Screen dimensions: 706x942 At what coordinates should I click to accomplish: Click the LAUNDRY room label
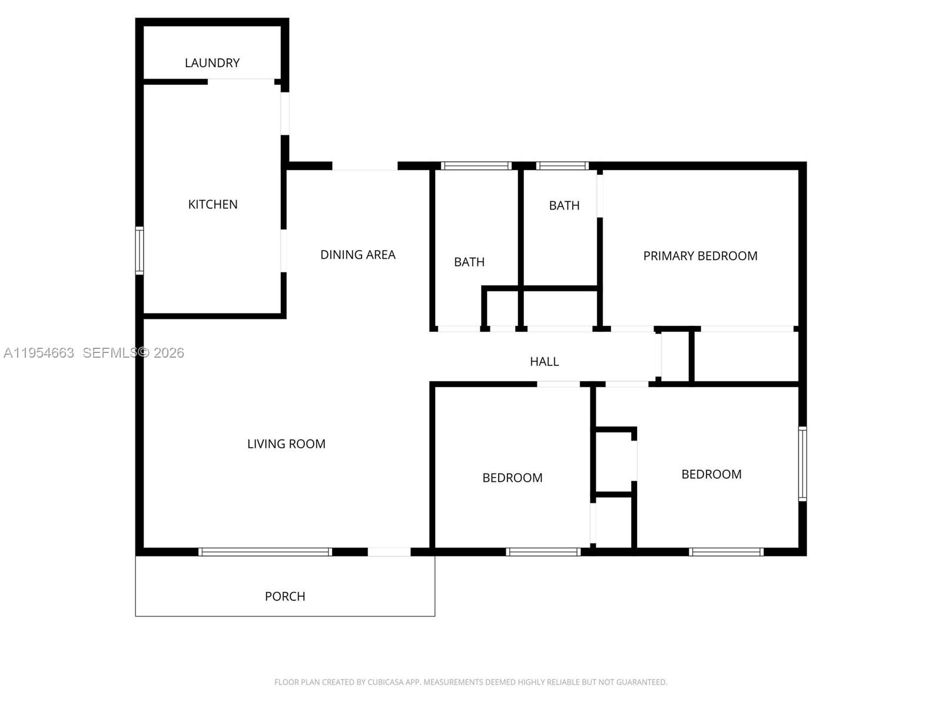[x=212, y=63]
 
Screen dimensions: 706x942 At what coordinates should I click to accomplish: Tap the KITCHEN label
[x=213, y=205]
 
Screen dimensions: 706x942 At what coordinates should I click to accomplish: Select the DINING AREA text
[x=357, y=255]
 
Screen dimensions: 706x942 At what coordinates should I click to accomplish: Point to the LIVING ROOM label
[x=286, y=444]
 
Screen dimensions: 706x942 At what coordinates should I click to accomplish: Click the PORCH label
[x=285, y=597]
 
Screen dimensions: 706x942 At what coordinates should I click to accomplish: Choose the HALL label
[x=544, y=362]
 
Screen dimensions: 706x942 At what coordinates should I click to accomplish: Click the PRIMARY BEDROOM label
[x=700, y=256]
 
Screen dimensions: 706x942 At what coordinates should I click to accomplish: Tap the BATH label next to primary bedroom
[x=564, y=206]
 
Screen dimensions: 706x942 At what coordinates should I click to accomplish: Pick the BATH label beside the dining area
[x=469, y=262]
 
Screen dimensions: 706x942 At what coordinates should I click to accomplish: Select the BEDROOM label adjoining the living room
[x=512, y=478]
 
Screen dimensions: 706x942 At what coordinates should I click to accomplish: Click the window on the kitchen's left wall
[x=140, y=251]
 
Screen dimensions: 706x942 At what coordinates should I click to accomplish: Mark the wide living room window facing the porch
[x=265, y=552]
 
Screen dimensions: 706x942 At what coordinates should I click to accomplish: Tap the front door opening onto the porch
[x=389, y=552]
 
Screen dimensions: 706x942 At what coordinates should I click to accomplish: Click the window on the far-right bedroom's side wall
[x=802, y=464]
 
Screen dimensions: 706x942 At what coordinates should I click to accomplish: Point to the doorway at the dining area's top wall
[x=365, y=166]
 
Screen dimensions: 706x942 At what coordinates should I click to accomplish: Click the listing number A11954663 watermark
[x=39, y=353]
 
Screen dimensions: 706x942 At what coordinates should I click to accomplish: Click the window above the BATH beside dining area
[x=476, y=166]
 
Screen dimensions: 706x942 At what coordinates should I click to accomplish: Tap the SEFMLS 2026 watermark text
[x=133, y=353]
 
